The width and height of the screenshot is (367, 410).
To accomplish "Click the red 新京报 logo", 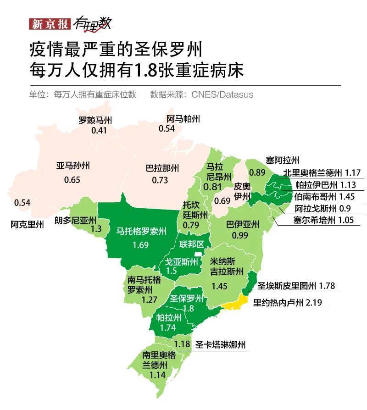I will pyautogui.click(x=49, y=24).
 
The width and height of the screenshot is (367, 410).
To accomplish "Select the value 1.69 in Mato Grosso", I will pyautogui.click(x=141, y=245).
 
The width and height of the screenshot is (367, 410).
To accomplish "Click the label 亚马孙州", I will pyautogui.click(x=72, y=166).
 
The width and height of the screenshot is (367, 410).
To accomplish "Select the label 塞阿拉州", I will pyautogui.click(x=282, y=160).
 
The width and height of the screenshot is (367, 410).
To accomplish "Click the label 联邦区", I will pyautogui.click(x=191, y=244).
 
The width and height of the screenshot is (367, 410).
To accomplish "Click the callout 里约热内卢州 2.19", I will pyautogui.click(x=291, y=303).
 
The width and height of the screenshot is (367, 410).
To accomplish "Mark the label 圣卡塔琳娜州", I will pyautogui.click(x=221, y=345).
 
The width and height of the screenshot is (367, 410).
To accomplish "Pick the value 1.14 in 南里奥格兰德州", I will pyautogui.click(x=158, y=375).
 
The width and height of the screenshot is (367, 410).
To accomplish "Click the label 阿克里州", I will pyautogui.click(x=28, y=224).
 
